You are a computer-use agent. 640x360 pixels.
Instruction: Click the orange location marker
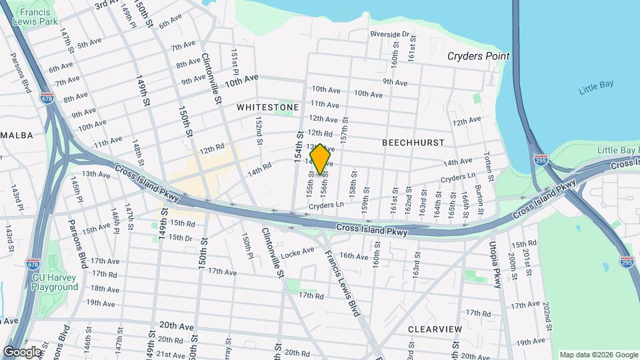[321, 159]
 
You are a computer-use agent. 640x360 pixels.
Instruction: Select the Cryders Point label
[479, 57]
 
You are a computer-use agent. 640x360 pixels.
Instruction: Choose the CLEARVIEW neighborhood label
[434, 329]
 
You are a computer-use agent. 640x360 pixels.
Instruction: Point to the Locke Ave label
[298, 252]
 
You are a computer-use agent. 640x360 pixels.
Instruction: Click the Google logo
[22, 351]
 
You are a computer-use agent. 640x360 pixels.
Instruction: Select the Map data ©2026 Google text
[597, 355]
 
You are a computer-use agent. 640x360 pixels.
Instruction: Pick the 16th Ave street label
[353, 256]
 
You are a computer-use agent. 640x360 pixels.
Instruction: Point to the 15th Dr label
[180, 237]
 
